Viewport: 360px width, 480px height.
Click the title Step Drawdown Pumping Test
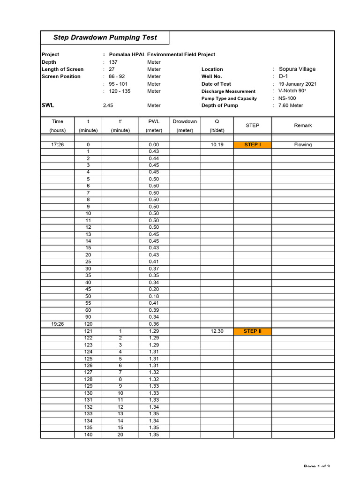(x=105, y=37)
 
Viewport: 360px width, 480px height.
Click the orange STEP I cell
(x=252, y=145)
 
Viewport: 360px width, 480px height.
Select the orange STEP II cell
(x=252, y=331)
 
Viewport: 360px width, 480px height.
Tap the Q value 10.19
(x=217, y=145)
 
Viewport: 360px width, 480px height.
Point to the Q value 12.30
(x=217, y=331)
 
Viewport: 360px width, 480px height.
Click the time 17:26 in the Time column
(x=58, y=145)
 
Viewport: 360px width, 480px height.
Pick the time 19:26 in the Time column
(x=58, y=324)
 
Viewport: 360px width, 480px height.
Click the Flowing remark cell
(x=303, y=145)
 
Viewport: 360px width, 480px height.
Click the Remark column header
(x=303, y=126)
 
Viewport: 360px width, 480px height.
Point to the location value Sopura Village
(x=297, y=69)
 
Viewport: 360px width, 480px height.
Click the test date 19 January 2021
(x=298, y=84)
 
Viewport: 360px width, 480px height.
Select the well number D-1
(x=284, y=76)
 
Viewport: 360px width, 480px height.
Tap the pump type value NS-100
(x=287, y=98)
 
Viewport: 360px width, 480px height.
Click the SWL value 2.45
(x=108, y=105)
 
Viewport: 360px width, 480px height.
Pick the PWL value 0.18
(x=154, y=297)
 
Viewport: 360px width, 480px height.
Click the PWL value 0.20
(x=154, y=290)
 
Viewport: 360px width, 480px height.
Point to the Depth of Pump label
(x=219, y=105)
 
